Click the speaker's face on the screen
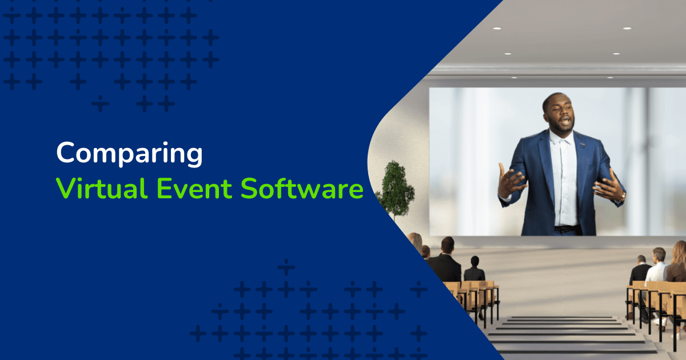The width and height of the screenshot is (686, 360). (559, 115)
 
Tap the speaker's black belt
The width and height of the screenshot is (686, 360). (566, 229)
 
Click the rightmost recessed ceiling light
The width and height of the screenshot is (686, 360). (627, 28)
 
